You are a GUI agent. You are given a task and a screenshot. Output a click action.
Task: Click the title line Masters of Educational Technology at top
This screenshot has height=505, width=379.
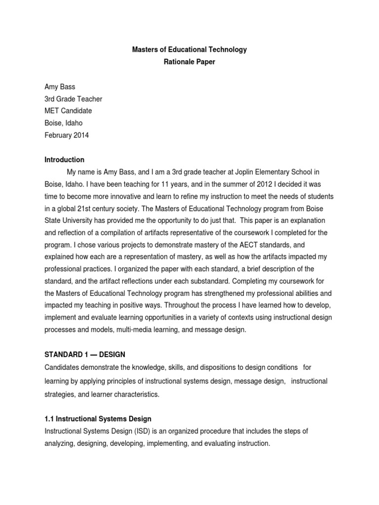coord(189,50)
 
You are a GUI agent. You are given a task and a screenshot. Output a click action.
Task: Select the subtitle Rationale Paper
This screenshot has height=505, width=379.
coord(189,63)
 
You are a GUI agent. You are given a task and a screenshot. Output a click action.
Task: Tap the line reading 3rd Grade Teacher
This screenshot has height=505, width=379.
coord(74,99)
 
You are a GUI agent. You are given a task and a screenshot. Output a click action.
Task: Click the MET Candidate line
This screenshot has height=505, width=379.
coord(69,111)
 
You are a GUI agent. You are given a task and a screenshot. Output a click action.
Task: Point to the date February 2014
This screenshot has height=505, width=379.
coord(67,136)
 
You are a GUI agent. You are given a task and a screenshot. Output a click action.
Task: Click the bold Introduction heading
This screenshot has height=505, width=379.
coord(65,160)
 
